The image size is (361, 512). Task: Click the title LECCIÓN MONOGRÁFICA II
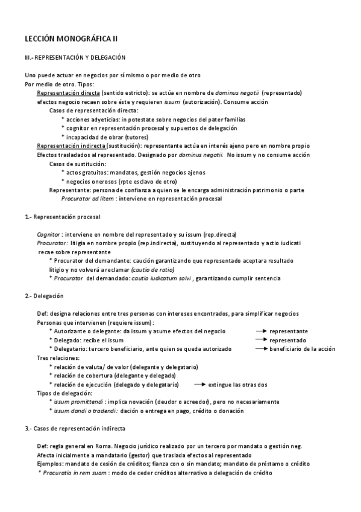(x=67, y=38)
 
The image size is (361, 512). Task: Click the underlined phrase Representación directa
(x=68, y=94)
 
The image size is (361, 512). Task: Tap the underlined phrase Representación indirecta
(x=72, y=146)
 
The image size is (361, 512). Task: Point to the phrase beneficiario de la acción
(x=302, y=349)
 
